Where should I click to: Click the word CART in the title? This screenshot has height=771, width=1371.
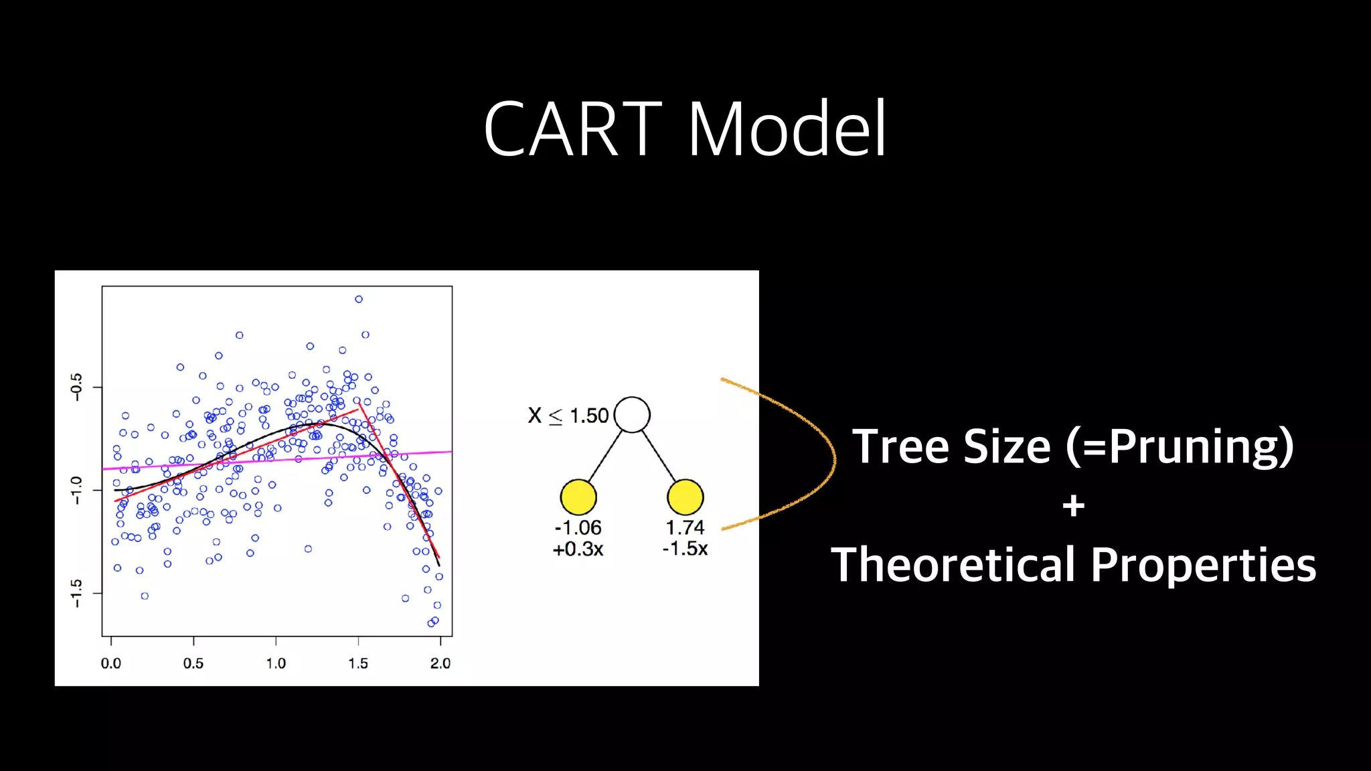(572, 128)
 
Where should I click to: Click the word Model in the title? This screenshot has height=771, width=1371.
(787, 128)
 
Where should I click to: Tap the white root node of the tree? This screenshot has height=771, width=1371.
(632, 414)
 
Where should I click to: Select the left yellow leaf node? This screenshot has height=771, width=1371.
(578, 497)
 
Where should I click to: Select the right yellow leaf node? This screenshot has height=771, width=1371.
(685, 497)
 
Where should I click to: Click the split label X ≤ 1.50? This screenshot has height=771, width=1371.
(568, 416)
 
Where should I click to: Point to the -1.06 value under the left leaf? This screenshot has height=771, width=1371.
(578, 527)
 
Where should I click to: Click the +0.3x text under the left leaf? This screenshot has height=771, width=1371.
(578, 549)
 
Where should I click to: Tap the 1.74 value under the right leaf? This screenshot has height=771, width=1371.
(685, 527)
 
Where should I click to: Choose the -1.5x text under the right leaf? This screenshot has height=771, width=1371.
(685, 549)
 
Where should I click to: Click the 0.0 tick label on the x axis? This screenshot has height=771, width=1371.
(111, 663)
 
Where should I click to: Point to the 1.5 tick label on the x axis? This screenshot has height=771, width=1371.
(358, 663)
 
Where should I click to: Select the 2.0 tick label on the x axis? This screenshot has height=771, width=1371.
(440, 663)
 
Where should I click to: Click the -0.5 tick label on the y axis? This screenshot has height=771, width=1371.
(76, 387)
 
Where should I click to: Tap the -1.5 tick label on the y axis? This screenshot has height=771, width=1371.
(76, 593)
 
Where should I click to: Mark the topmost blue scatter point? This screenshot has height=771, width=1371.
(359, 299)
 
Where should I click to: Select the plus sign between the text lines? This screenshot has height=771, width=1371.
(1073, 506)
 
